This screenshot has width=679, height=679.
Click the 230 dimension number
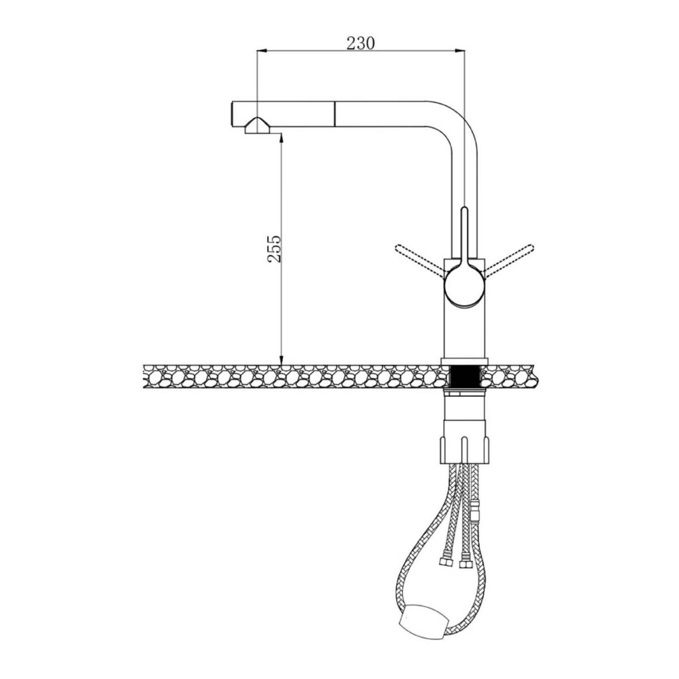[361, 43]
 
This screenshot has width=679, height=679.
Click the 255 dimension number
[274, 248]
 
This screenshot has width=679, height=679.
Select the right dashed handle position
[509, 260]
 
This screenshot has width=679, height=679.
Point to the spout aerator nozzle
[257, 126]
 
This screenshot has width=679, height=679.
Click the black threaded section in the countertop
[465, 377]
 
